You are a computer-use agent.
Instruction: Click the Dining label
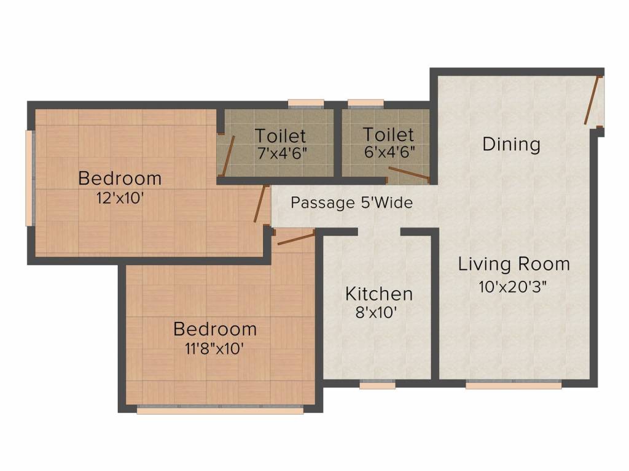pyautogui.click(x=511, y=145)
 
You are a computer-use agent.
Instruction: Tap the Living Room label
pyautogui.click(x=514, y=264)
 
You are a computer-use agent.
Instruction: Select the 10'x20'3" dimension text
pyautogui.click(x=513, y=286)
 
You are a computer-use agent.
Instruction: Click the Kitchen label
pyautogui.click(x=378, y=294)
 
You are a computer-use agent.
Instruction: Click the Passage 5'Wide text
pyautogui.click(x=351, y=202)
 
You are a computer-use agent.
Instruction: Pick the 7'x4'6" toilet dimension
pyautogui.click(x=281, y=153)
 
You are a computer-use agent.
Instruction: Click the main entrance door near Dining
pyautogui.click(x=591, y=101)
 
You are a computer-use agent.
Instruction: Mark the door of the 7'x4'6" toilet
pyautogui.click(x=227, y=156)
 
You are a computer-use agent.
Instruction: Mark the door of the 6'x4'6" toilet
pyautogui.click(x=408, y=174)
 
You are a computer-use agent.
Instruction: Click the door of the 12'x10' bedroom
pyautogui.click(x=260, y=204)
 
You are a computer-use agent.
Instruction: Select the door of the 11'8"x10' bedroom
pyautogui.click(x=295, y=238)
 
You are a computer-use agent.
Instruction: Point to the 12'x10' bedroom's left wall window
pyautogui.click(x=28, y=178)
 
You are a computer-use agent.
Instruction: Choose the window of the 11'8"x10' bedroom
pyautogui.click(x=220, y=410)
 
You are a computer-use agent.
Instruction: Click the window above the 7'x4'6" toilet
pyautogui.click(x=306, y=104)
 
